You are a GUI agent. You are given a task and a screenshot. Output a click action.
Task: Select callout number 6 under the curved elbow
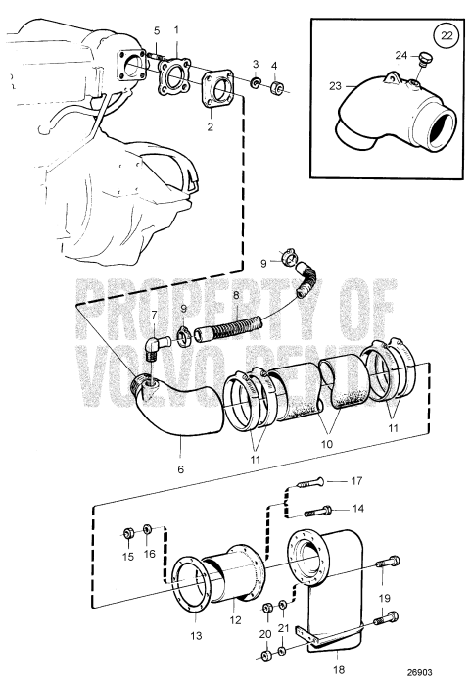180,470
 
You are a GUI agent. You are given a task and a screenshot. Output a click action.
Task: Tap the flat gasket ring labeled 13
186,584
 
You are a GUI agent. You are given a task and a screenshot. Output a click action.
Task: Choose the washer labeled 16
148,530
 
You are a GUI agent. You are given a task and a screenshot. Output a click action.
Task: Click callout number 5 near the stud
154,32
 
